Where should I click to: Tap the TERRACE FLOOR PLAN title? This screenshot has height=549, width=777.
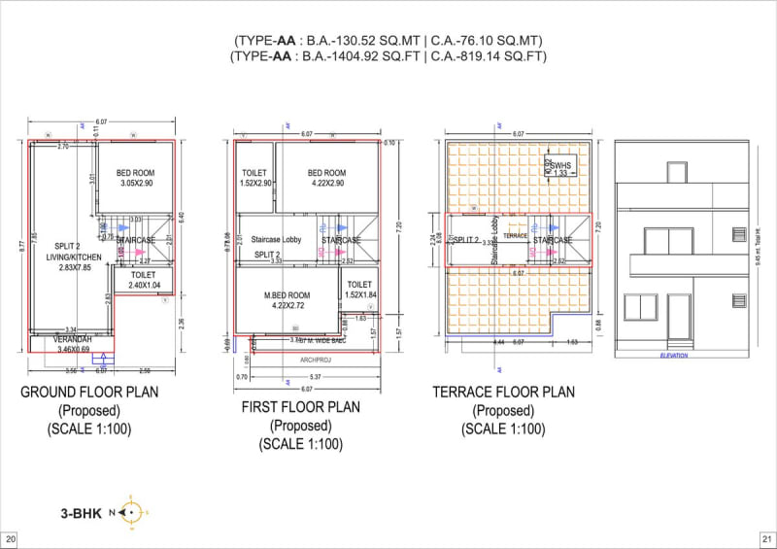(x=503, y=394)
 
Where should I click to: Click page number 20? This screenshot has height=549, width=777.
(x=11, y=538)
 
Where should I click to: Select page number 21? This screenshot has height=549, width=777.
(x=765, y=538)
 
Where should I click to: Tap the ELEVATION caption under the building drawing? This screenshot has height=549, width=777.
(x=672, y=356)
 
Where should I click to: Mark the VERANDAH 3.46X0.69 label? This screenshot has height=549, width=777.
(x=72, y=343)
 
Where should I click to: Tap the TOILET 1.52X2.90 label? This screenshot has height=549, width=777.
(x=253, y=178)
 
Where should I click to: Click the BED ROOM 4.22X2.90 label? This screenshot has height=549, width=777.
(x=326, y=178)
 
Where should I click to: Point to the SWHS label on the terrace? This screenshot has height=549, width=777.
(x=560, y=166)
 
